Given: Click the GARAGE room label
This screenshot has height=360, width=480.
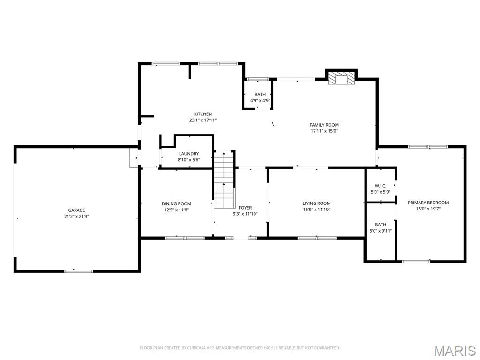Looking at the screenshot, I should click(77, 210).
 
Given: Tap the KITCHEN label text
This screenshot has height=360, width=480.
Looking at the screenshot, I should click(203, 114).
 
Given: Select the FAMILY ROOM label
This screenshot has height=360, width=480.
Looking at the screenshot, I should click(324, 125).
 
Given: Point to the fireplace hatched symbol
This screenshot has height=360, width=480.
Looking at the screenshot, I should click(341, 79).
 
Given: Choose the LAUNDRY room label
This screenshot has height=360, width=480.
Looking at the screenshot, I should click(188, 154).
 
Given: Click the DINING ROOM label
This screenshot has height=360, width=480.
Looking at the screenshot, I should click(176, 203).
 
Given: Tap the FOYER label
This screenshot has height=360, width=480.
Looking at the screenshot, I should click(245, 208).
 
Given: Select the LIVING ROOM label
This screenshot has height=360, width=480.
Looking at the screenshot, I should click(316, 203).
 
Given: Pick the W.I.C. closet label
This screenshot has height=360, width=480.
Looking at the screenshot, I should click(381, 186).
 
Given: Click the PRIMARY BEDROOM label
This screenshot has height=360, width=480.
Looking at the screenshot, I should click(428, 202).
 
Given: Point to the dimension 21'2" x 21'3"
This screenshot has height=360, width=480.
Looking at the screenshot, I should click(77, 217).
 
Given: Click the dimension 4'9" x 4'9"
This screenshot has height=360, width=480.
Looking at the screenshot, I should click(260, 100).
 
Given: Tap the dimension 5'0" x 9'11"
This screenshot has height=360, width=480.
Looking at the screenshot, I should click(381, 231).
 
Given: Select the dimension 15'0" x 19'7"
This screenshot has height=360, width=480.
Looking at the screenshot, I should click(428, 209).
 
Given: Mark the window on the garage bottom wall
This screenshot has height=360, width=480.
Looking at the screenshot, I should click(78, 270).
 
